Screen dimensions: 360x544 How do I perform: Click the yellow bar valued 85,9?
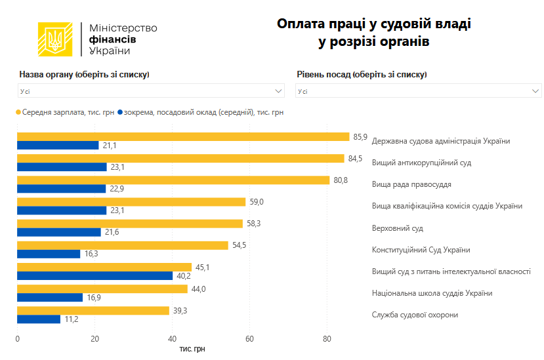tap(183, 136)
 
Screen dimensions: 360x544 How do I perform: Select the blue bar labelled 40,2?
tap(94, 275)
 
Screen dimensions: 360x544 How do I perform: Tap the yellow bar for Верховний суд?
tap(129, 224)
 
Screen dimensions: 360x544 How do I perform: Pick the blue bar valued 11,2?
tap(39, 319)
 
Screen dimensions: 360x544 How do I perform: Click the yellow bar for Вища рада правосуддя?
tap(173, 180)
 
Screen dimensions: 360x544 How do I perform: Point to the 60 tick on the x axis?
tap(249, 339)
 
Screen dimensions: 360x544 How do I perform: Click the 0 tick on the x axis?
tap(17, 339)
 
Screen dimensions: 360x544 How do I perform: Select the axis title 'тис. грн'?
tap(192, 349)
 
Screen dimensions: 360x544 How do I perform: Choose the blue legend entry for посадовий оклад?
tap(200, 112)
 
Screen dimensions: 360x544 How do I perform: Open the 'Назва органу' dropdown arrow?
tap(279, 90)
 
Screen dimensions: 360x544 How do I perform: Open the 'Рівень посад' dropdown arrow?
tap(535, 90)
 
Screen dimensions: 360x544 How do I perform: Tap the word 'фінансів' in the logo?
tap(113, 39)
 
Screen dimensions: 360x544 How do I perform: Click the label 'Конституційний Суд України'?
tap(421, 250)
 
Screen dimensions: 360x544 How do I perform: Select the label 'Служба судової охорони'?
tap(415, 315)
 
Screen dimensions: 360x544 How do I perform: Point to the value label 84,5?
tap(355, 158)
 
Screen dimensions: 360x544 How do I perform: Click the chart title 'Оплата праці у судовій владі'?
tap(374, 24)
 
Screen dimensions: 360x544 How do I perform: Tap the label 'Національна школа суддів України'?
tap(432, 293)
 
